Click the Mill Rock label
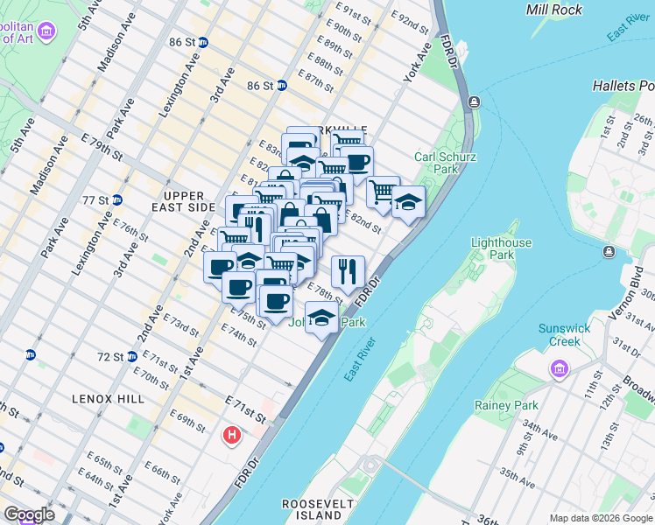coord(553,10)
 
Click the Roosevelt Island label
coord(317,509)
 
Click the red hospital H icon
coord(232,434)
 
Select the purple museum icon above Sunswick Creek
coord(559,369)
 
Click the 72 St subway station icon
coord(132,356)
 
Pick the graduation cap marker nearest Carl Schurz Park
coord(408,203)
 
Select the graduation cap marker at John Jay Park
coord(321,318)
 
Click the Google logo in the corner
coord(29,514)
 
